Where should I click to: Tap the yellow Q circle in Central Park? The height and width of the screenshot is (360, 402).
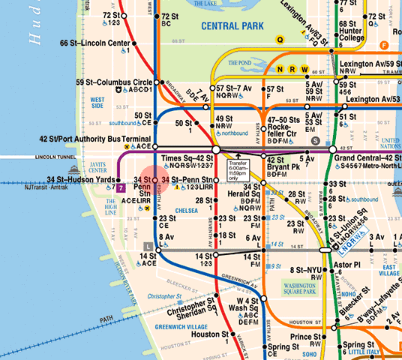[x=280, y=39]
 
